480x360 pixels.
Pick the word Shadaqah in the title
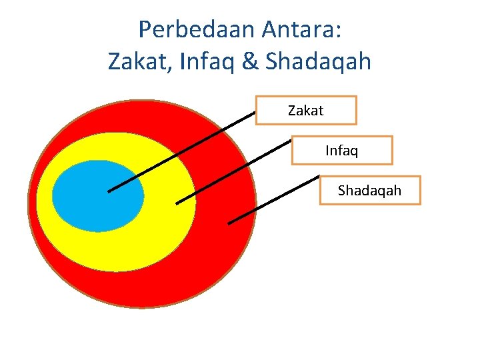click(x=318, y=62)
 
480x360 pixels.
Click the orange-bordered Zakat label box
click(x=306, y=111)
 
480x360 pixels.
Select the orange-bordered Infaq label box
click(x=342, y=151)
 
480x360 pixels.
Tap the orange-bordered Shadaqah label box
click(x=370, y=191)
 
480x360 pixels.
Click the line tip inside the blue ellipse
click(x=109, y=191)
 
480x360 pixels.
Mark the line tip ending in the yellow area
click(x=177, y=203)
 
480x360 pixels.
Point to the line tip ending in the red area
click(x=229, y=223)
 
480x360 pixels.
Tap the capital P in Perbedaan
click(x=144, y=29)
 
